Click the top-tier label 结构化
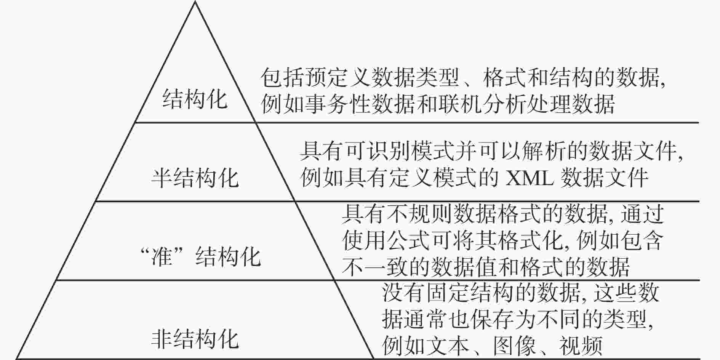(x=195, y=99)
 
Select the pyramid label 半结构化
(x=195, y=178)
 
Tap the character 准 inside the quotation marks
(x=162, y=256)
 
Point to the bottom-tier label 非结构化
(x=195, y=339)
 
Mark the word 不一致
(x=375, y=266)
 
